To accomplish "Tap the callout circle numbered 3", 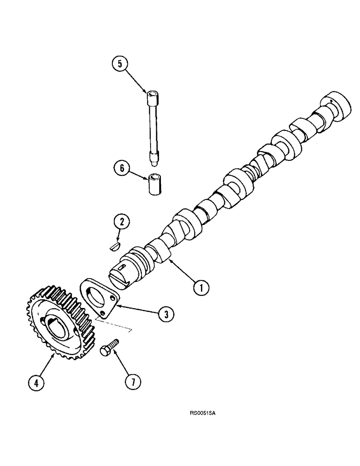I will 164,314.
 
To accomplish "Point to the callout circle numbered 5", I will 120,64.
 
